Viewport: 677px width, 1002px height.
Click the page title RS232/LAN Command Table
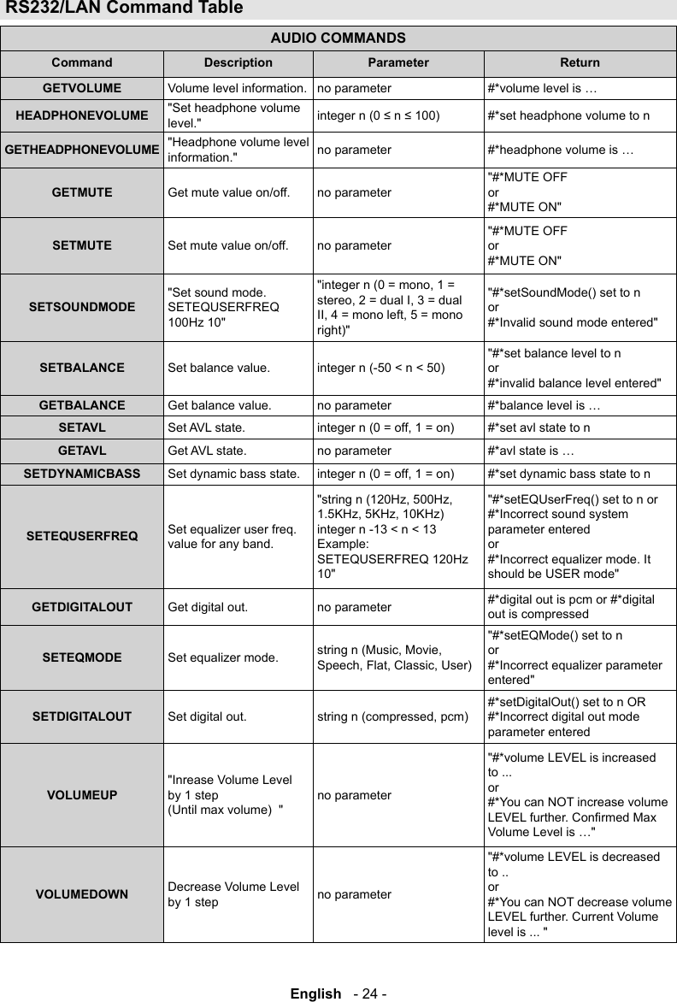click(124, 9)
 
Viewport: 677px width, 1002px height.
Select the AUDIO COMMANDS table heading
click(338, 38)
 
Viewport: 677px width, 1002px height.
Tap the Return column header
click(580, 62)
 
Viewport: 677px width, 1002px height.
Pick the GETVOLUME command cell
click(82, 87)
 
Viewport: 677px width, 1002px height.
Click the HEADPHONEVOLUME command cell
click(82, 115)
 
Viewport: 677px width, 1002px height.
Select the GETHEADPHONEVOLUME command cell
click(82, 150)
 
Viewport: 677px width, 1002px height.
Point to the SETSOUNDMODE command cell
click(82, 305)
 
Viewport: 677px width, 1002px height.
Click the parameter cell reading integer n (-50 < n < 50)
click(380, 368)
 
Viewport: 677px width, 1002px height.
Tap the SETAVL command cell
click(82, 427)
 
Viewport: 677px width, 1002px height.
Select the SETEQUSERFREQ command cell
click(82, 536)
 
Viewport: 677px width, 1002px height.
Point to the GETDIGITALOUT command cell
click(82, 607)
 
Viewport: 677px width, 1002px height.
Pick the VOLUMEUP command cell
click(82, 794)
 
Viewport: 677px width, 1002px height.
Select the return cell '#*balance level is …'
click(543, 404)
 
